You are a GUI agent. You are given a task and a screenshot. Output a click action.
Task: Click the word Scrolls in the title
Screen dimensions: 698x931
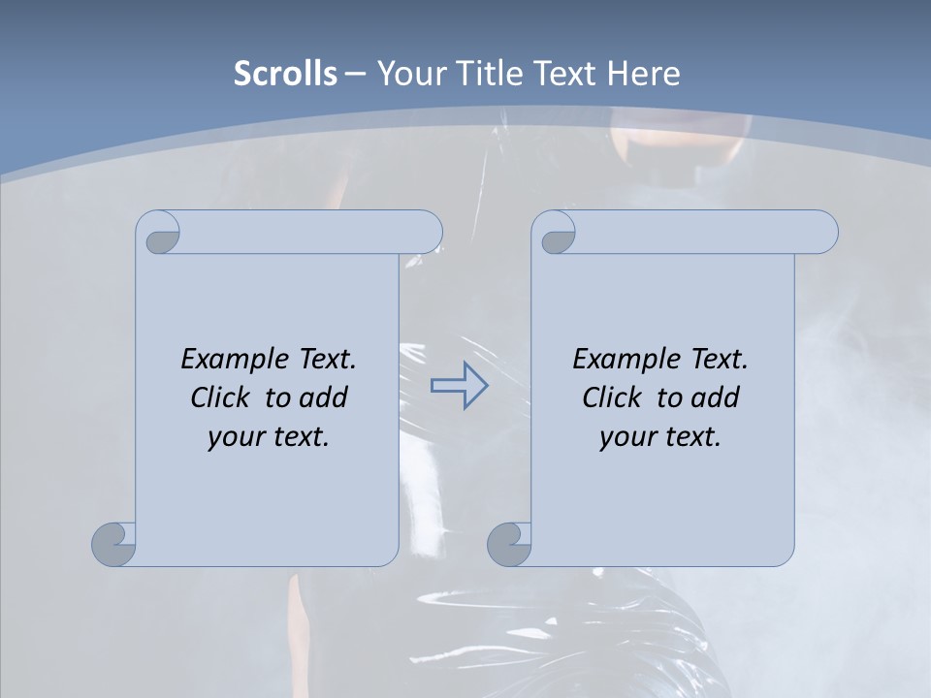point(285,74)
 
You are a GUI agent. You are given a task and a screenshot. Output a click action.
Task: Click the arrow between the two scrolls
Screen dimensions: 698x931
point(459,386)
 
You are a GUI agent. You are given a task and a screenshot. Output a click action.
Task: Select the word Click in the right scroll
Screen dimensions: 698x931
point(610,397)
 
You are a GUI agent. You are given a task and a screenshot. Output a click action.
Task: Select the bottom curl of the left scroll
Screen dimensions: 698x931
point(112,544)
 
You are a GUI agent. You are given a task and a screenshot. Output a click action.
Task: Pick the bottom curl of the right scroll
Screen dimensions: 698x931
point(508,544)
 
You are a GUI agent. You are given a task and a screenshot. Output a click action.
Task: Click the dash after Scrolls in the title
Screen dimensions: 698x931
point(355,74)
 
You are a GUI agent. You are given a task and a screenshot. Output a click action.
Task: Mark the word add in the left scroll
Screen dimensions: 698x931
point(324,397)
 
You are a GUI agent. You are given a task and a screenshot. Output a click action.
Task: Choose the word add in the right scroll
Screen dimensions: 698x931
point(716,397)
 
